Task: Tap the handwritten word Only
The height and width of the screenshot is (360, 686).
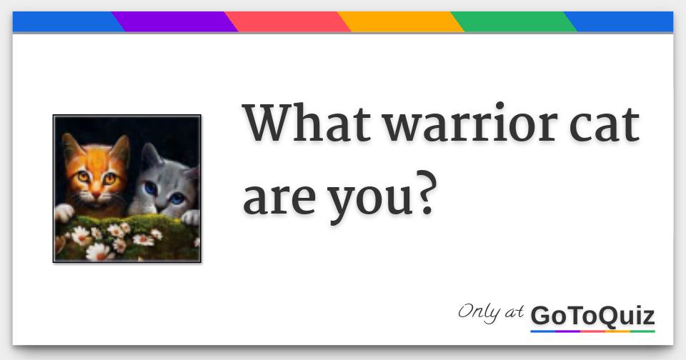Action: tap(479, 312)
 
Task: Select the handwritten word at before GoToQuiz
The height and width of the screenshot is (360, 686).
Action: tap(514, 312)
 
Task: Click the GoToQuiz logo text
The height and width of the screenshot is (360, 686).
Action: tap(593, 316)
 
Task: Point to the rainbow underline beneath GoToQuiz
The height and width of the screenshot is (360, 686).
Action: tap(593, 331)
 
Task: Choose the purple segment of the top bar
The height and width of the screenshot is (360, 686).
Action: tap(175, 22)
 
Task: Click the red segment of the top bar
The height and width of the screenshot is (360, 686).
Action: tap(287, 22)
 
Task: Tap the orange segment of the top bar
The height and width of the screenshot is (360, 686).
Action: tap(401, 22)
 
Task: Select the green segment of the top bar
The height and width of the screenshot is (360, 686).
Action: tap(514, 22)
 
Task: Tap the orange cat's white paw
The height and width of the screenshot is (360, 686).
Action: tap(64, 213)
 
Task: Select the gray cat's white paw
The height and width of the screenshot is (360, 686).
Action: tap(191, 217)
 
